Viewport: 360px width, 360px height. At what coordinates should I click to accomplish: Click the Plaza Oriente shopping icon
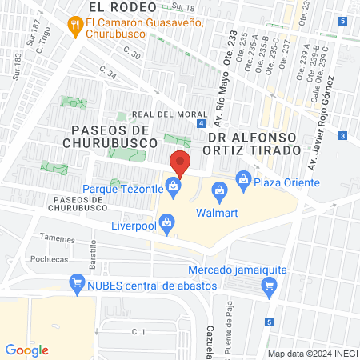pyautogui.click(x=243, y=178)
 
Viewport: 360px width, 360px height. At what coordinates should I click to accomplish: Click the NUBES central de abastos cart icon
pyautogui.click(x=78, y=282)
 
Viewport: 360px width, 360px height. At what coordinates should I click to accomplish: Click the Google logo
pyautogui.click(x=27, y=350)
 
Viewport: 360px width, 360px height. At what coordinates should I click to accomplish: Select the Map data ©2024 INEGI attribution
pyautogui.click(x=311, y=353)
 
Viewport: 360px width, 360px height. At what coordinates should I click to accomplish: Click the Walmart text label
pyautogui.click(x=218, y=213)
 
